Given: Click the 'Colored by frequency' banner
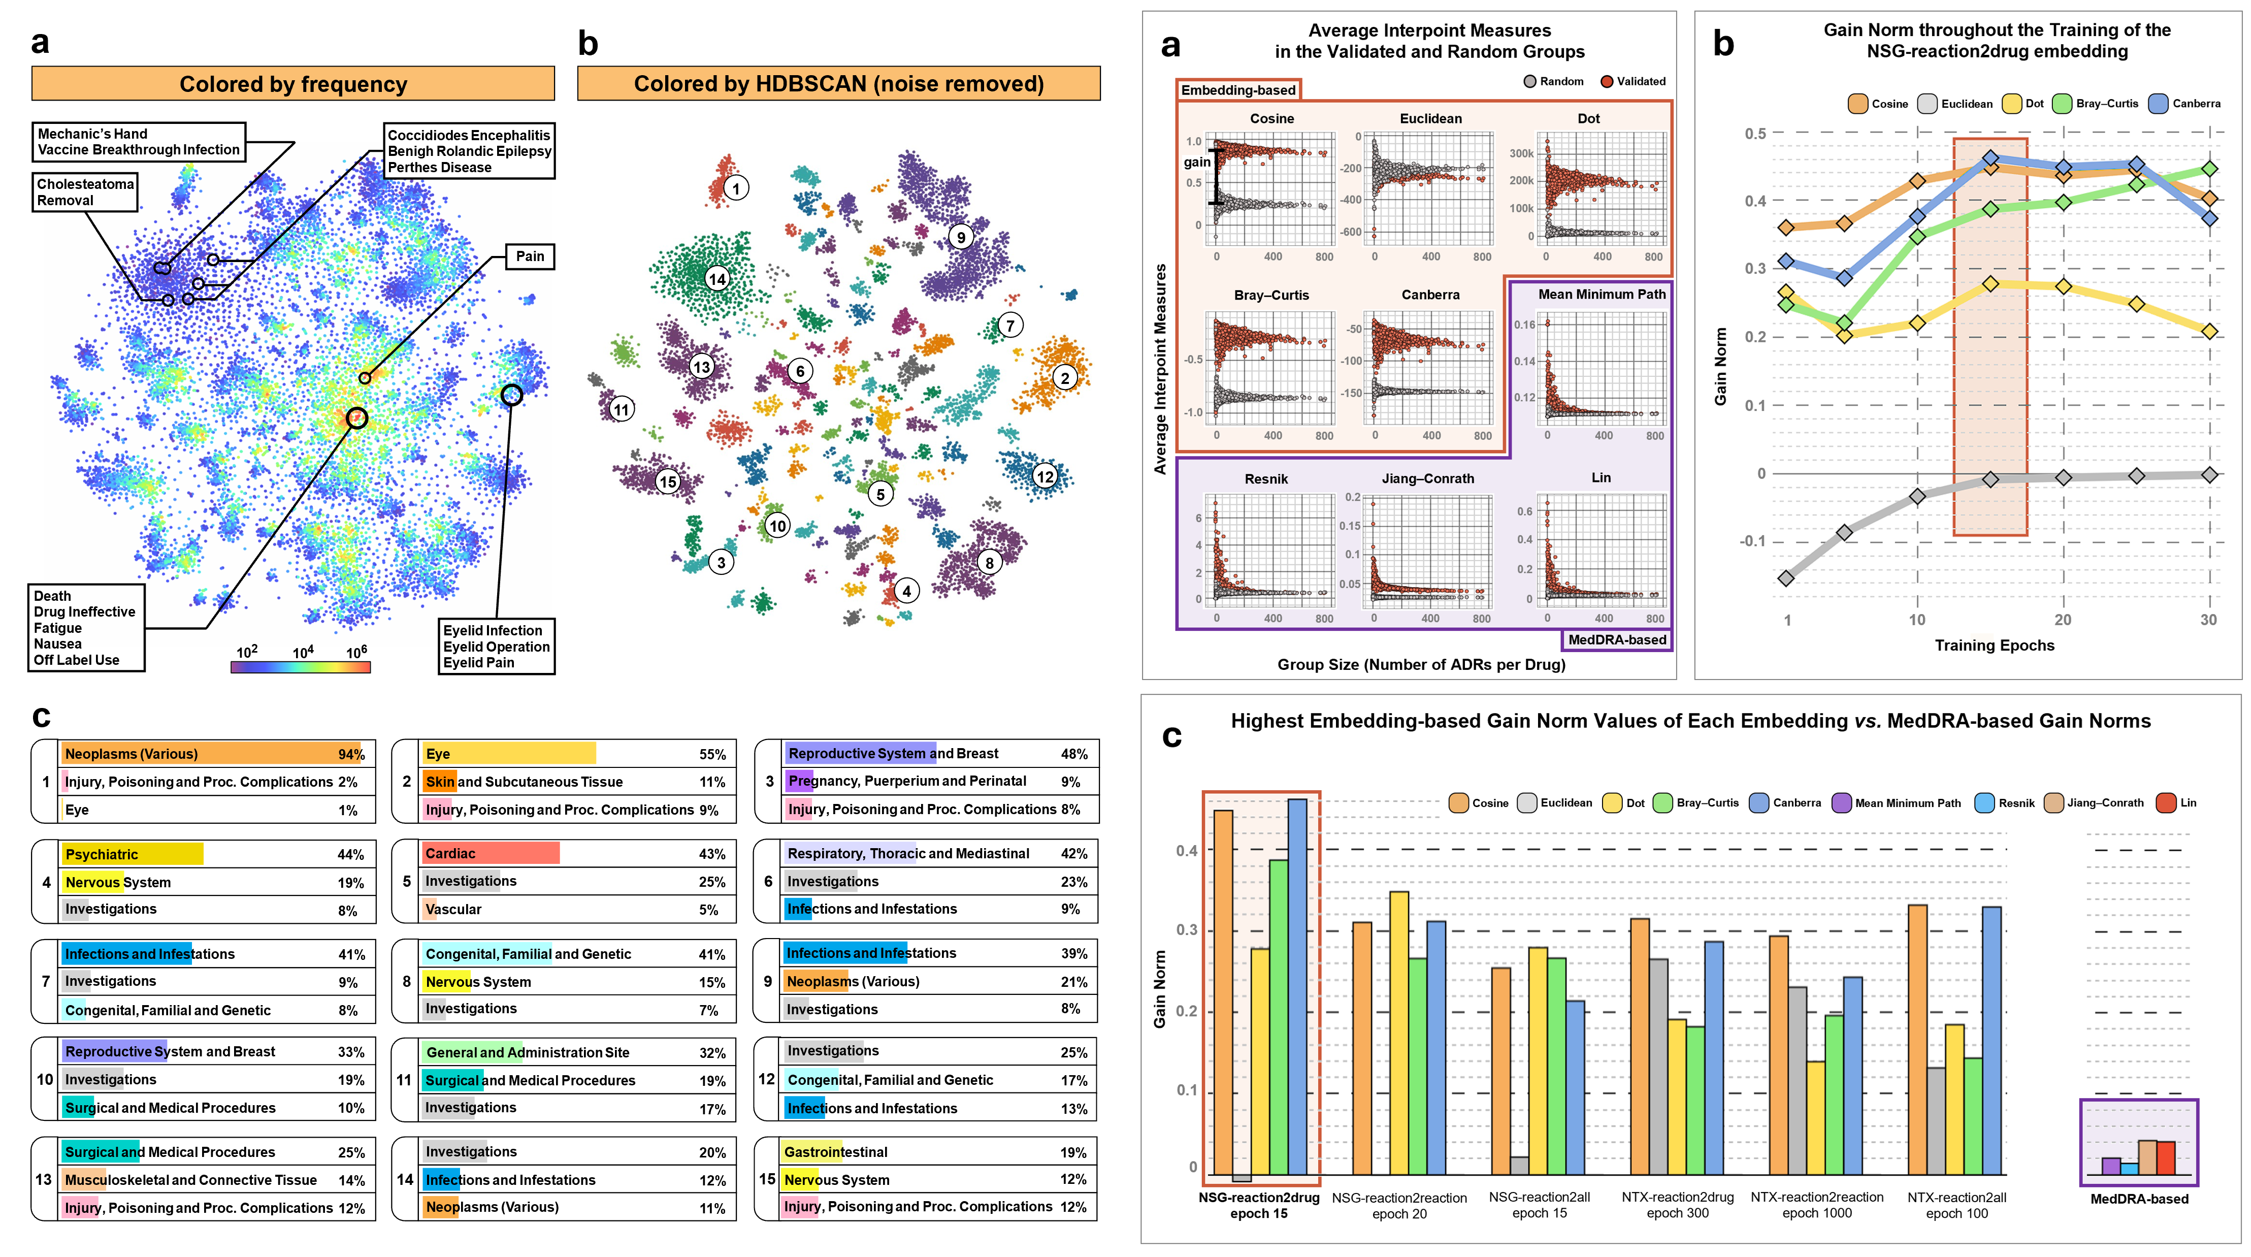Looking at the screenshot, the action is tap(292, 84).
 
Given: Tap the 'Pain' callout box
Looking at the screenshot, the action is tap(530, 256).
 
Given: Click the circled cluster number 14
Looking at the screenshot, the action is tap(717, 279).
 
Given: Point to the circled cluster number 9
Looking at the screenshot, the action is tap(961, 237).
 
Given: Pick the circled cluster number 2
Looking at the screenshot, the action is tap(1064, 378).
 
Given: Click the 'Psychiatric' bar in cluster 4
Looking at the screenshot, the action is tap(133, 854).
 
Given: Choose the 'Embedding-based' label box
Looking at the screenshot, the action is tap(1238, 90).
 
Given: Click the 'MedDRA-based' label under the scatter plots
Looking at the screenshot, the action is tap(1617, 640).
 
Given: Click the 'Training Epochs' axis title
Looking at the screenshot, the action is tap(1994, 645).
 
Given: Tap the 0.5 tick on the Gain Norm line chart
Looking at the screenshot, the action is tap(1755, 134).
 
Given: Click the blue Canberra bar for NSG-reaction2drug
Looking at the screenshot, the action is tap(1298, 986).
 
